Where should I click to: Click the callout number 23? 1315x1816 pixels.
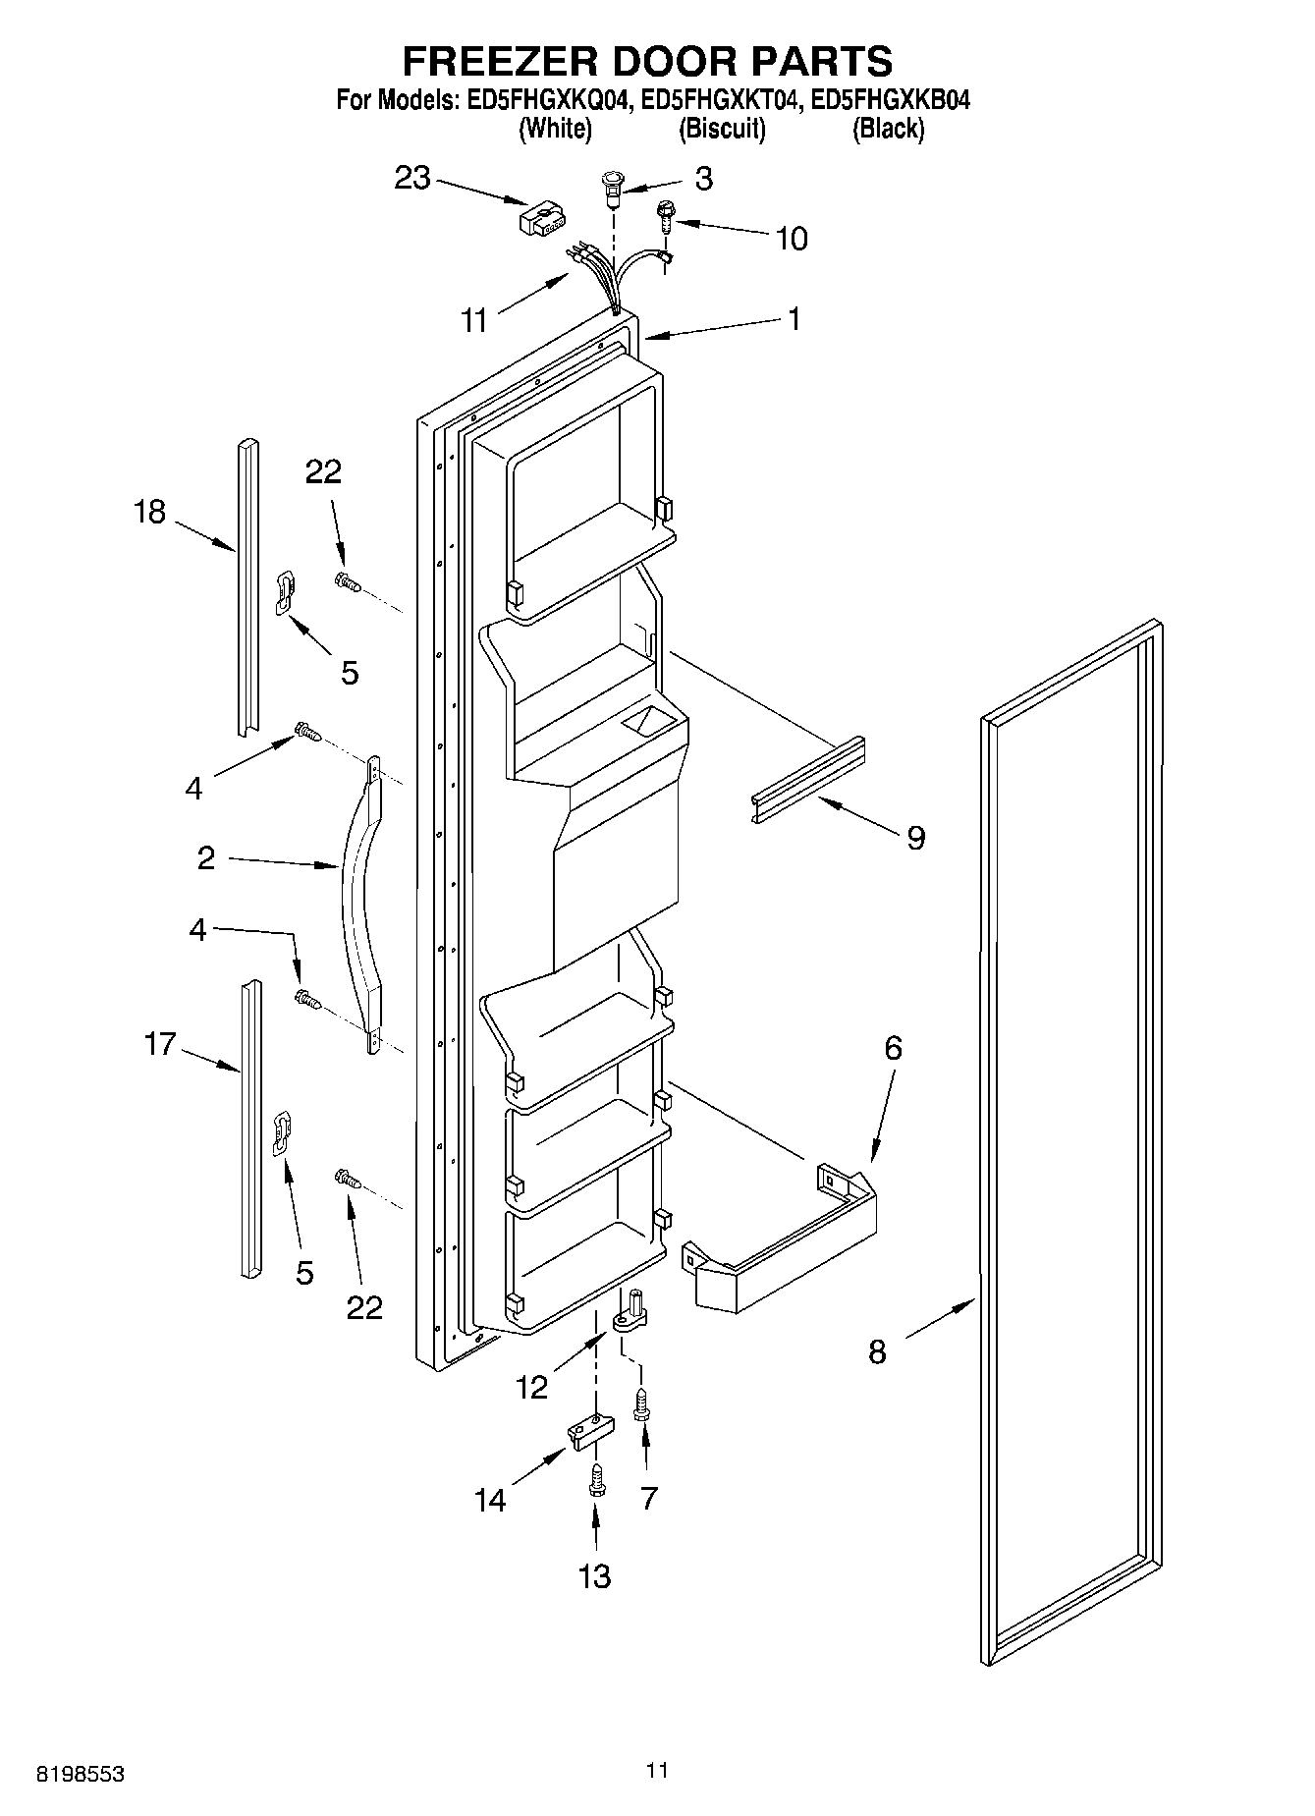click(412, 179)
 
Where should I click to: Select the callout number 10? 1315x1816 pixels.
click(791, 239)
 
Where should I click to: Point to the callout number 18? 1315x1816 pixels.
click(150, 512)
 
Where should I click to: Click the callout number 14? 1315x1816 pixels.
click(490, 1500)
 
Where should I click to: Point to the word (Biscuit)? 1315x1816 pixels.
click(722, 129)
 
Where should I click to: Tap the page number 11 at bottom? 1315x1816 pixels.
click(657, 1770)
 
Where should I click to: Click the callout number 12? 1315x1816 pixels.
click(531, 1387)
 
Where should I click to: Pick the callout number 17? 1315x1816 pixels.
click(159, 1044)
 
